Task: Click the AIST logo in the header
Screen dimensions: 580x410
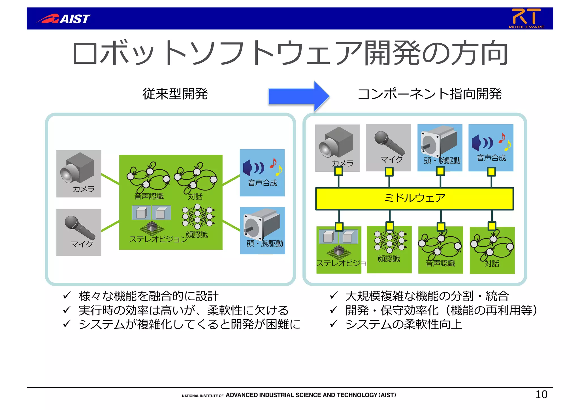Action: [63, 19]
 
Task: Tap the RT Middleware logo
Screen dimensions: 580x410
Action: [526, 18]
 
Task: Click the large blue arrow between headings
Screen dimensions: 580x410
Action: [298, 96]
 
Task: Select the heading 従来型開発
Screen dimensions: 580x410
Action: [175, 94]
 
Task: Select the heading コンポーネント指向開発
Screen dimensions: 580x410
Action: [429, 94]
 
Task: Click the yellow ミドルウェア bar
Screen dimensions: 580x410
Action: [414, 198]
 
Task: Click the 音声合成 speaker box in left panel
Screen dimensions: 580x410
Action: [262, 173]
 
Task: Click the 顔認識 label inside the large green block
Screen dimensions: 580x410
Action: [197, 235]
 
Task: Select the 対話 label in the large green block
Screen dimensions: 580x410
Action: [195, 196]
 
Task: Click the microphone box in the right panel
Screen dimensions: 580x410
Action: [389, 148]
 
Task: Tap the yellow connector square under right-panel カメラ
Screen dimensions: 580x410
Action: [338, 171]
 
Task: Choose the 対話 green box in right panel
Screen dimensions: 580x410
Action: [492, 250]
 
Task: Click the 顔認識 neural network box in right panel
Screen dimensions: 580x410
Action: [389, 249]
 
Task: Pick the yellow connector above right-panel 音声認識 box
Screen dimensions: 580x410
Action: [441, 226]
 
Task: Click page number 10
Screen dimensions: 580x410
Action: [541, 394]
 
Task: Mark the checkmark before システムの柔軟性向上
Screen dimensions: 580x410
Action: [334, 323]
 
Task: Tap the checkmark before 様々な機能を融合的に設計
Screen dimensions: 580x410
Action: [67, 295]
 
